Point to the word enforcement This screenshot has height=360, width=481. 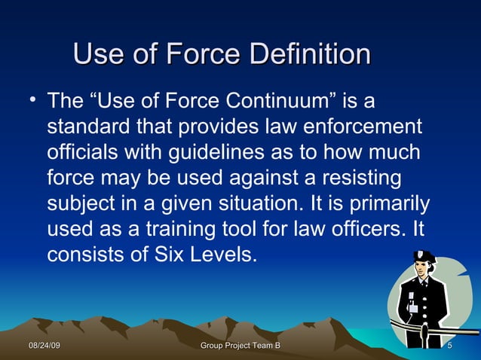tap(355, 126)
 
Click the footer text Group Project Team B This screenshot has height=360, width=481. tap(241, 345)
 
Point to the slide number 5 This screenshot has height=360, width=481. tap(449, 345)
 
